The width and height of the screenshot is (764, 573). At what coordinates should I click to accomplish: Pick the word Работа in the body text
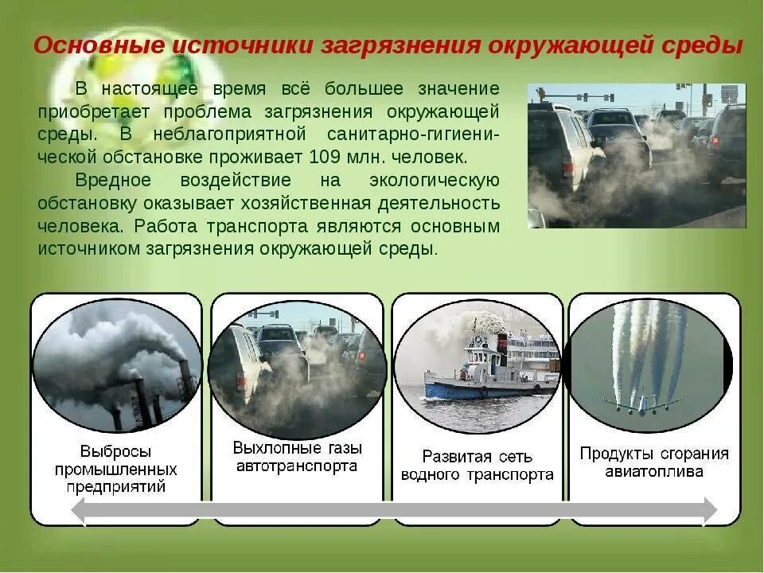[x=162, y=226]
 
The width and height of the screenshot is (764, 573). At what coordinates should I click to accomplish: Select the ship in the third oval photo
[x=489, y=370]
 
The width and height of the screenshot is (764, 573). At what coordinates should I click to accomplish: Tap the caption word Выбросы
[x=116, y=451]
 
